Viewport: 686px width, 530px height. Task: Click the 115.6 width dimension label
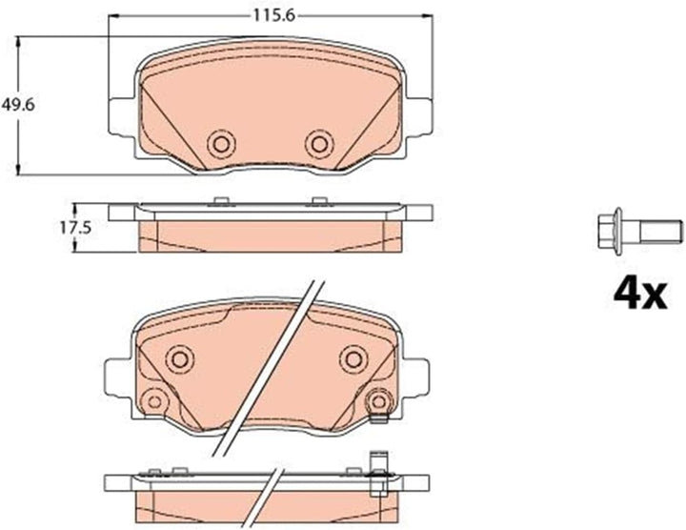point(274,16)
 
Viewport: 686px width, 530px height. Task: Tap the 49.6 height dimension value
point(18,105)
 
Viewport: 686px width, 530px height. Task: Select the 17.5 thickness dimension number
point(75,228)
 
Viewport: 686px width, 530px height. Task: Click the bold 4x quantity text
point(640,295)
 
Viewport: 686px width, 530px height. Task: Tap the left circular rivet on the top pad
point(221,144)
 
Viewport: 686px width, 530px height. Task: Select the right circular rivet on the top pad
point(319,144)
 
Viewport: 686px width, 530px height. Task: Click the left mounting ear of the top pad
point(119,116)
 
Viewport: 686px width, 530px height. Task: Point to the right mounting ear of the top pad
point(420,116)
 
